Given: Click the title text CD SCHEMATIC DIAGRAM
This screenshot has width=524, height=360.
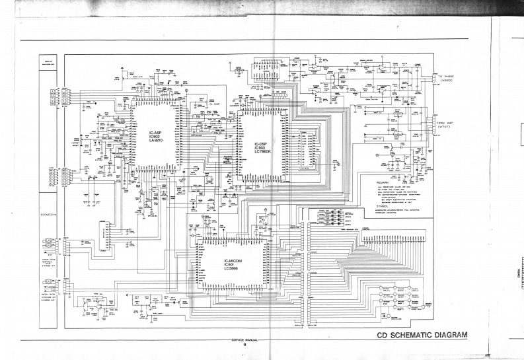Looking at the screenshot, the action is tap(421, 334).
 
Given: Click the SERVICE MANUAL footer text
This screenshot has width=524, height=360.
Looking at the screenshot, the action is tap(244, 339).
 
